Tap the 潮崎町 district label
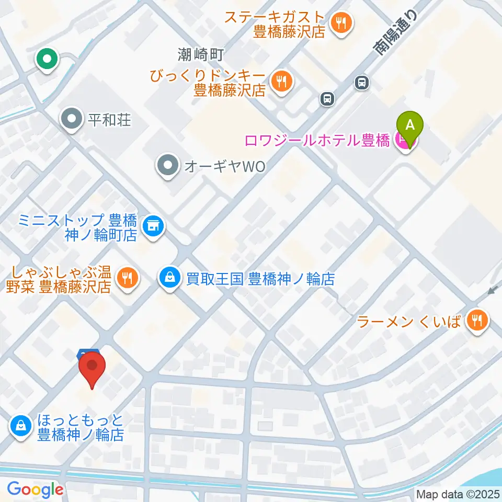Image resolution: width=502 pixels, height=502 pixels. (200, 53)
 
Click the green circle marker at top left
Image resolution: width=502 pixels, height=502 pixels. (47, 59)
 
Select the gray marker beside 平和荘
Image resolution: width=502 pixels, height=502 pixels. (72, 120)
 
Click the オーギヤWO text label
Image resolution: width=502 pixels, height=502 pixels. (225, 167)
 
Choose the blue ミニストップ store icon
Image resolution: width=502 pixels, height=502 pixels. (153, 226)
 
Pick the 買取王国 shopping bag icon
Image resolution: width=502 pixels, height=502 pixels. (170, 277)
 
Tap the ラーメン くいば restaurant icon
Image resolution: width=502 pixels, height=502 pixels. (476, 320)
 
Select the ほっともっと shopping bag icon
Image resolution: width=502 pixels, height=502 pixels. (20, 426)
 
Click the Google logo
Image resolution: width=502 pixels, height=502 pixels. (35, 489)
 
